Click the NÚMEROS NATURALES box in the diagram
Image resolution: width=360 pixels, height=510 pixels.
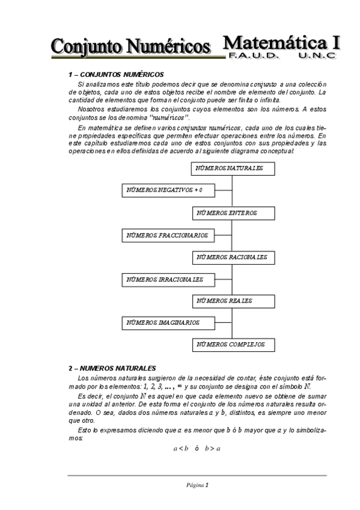tap(233, 169)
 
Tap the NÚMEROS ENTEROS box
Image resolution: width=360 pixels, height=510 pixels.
tap(233, 214)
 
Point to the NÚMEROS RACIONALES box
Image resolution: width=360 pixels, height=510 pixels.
tap(233, 257)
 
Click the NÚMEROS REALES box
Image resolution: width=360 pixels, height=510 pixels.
tap(233, 301)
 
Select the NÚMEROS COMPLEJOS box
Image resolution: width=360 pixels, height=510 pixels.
tap(233, 345)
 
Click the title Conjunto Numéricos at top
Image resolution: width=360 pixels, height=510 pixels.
tap(131, 46)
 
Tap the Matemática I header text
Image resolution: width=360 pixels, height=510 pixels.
tap(281, 42)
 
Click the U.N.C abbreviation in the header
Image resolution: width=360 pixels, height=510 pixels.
tap(317, 55)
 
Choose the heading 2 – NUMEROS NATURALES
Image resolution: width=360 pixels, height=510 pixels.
tap(112, 367)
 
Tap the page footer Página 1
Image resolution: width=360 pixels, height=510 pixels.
tap(197, 485)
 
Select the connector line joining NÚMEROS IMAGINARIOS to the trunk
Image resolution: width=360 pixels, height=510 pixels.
tap(224, 323)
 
